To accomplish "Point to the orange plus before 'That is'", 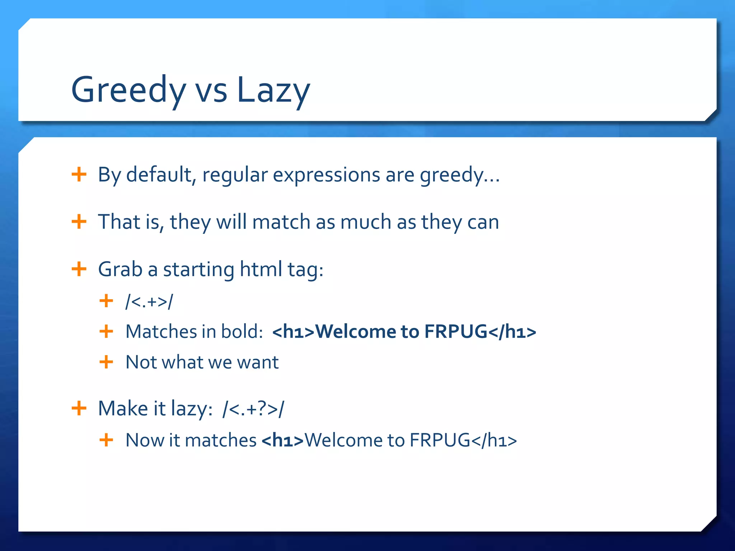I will coord(79,222).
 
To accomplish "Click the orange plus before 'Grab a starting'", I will coord(79,269).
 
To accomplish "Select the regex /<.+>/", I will coord(149,301).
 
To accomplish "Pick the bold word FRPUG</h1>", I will coord(480,331).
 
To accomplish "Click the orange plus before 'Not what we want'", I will coord(106,362).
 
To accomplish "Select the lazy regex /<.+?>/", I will coord(253,409).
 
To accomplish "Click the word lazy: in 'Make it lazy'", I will coord(192,409).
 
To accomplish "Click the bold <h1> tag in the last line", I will coord(282,440).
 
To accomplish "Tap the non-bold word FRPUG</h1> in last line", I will coord(463,440).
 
